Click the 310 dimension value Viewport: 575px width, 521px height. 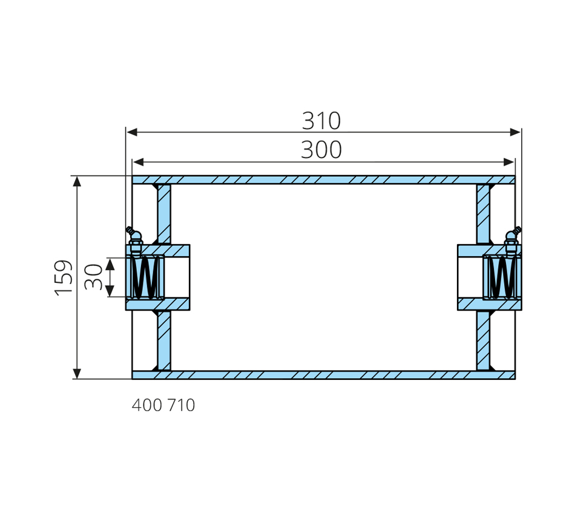(x=321, y=121)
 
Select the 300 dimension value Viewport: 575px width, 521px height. (x=321, y=150)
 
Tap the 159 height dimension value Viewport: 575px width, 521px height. (x=64, y=277)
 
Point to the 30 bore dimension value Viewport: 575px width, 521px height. (x=93, y=276)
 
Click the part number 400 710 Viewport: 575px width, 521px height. (x=163, y=405)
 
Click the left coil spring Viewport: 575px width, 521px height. (x=145, y=277)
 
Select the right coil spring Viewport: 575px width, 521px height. (x=502, y=277)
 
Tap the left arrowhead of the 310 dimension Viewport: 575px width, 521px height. (x=132, y=132)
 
